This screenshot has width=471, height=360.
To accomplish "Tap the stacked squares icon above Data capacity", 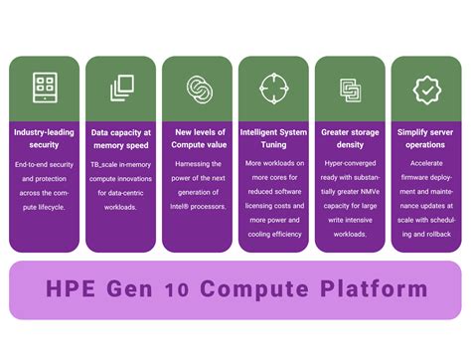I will [120, 88].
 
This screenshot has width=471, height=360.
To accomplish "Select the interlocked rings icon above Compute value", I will [197, 88].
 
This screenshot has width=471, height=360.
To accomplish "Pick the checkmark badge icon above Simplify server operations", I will [426, 88].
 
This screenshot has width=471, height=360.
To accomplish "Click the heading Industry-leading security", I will [44, 138].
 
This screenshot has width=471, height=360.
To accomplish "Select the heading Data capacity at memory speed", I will [120, 138].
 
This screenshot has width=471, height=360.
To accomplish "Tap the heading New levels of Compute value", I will [197, 138].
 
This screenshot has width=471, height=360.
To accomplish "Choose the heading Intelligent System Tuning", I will [273, 138].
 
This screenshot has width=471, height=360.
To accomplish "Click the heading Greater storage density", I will [350, 138].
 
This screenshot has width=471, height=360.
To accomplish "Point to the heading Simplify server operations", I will [426, 138].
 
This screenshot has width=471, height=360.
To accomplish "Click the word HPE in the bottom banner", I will [73, 290].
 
